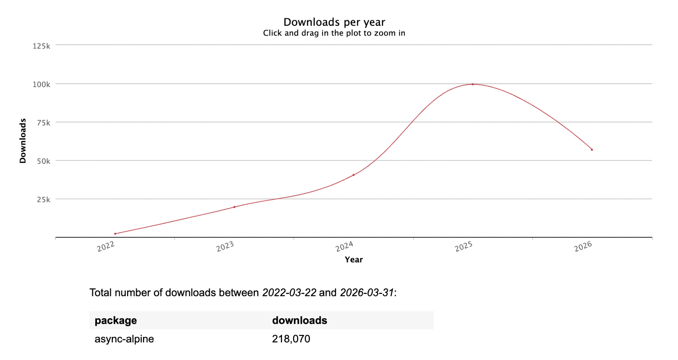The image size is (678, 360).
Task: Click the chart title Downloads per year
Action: [334, 22]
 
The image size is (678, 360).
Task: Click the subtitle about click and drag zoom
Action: [334, 33]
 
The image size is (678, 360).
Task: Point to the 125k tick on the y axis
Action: [41, 46]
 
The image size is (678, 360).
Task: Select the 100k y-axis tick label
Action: [41, 84]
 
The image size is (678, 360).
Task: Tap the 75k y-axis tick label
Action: [43, 123]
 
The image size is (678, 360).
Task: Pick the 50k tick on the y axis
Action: [43, 161]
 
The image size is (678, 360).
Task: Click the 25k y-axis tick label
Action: [43, 200]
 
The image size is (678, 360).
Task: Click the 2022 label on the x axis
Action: [106, 247]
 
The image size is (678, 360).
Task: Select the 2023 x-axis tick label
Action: [225, 247]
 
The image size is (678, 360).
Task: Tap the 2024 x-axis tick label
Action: [344, 247]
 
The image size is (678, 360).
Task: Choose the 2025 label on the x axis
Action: [464, 247]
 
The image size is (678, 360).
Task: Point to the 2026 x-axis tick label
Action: [583, 247]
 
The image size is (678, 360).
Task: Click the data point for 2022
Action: [115, 234]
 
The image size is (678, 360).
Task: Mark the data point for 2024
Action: [354, 175]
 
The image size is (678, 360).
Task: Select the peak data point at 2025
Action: [473, 84]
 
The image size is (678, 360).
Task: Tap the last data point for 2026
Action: [592, 149]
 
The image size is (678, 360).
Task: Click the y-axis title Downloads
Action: [23, 141]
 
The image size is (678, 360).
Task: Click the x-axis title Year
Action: [354, 260]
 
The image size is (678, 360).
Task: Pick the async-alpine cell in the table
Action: [124, 339]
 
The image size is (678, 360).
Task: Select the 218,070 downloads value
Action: [291, 339]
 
